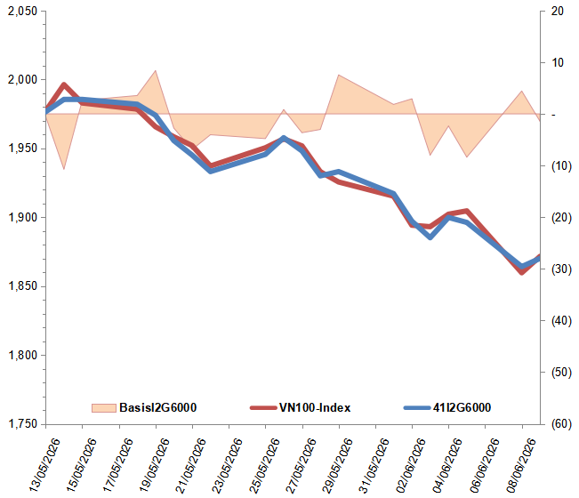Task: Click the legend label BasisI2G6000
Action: pyautogui.click(x=157, y=407)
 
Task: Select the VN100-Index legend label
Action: pyautogui.click(x=315, y=407)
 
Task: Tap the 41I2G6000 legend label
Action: pyautogui.click(x=462, y=407)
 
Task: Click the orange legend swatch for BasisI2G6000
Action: pyautogui.click(x=104, y=408)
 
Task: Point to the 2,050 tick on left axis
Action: pyautogui.click(x=22, y=11)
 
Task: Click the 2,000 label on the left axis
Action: pyautogui.click(x=22, y=79)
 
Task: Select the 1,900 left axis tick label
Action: pyautogui.click(x=22, y=218)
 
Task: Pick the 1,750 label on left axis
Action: pyautogui.click(x=22, y=424)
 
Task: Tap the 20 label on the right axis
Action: pyautogui.click(x=558, y=11)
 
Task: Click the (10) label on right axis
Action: pyautogui.click(x=561, y=165)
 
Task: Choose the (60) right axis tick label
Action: pyautogui.click(x=561, y=424)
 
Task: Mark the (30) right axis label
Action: pyautogui.click(x=561, y=269)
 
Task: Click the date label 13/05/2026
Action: pyautogui.click(x=44, y=465)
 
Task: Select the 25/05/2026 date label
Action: pyautogui.click(x=264, y=465)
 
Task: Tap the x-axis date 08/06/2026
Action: pyautogui.click(x=520, y=465)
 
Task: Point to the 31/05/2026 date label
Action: pyautogui.click(x=374, y=465)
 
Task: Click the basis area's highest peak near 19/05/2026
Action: pyautogui.click(x=156, y=70)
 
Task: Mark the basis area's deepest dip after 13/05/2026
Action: pyautogui.click(x=64, y=169)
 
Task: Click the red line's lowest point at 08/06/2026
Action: pyautogui.click(x=522, y=273)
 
